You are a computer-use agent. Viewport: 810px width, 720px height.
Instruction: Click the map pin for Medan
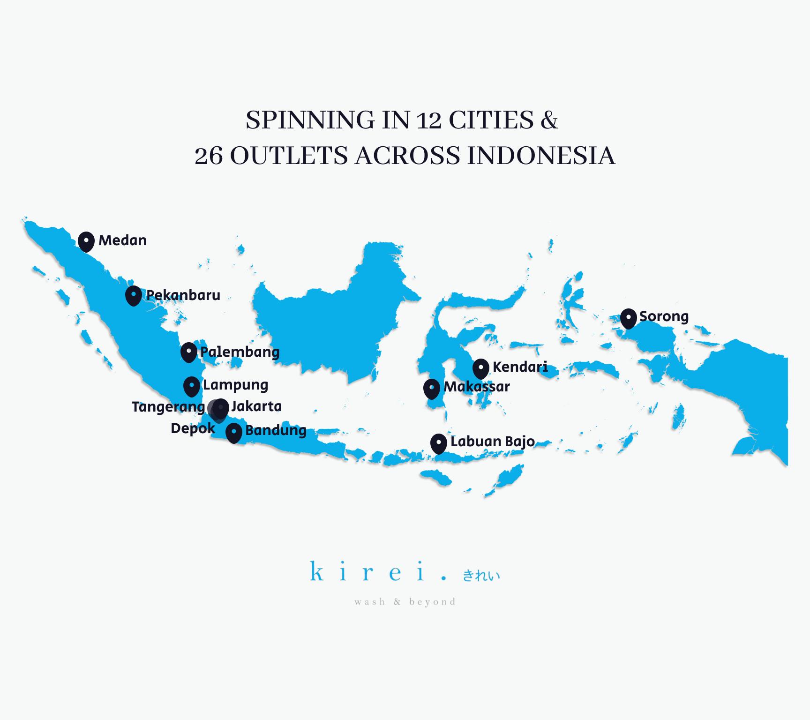(x=86, y=241)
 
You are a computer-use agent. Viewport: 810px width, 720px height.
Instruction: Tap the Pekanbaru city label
(x=183, y=295)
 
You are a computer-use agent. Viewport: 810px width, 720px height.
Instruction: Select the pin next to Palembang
(x=188, y=352)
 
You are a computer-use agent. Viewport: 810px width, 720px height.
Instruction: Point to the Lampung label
(x=235, y=385)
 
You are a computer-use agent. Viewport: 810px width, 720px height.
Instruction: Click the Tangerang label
(x=168, y=407)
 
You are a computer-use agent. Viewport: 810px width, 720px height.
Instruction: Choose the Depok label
(x=193, y=428)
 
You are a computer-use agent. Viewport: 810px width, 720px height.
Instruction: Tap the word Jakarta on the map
(x=256, y=406)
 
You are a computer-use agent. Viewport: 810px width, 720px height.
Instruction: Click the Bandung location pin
(x=234, y=432)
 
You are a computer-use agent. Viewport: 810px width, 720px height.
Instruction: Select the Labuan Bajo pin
(x=439, y=443)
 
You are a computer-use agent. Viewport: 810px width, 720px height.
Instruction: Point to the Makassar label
(x=477, y=387)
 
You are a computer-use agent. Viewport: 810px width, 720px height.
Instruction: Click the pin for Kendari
(x=481, y=368)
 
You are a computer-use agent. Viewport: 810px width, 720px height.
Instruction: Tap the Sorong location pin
(x=629, y=318)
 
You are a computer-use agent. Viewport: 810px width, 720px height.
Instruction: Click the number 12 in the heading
(x=428, y=121)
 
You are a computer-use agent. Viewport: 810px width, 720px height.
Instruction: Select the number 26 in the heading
(x=209, y=156)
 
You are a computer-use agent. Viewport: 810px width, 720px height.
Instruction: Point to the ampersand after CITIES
(x=549, y=120)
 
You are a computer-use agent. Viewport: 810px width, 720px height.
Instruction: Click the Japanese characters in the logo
(x=481, y=575)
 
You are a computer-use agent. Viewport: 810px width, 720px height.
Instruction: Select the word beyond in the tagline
(x=432, y=602)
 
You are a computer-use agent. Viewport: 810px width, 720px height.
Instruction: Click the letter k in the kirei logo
(x=317, y=572)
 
